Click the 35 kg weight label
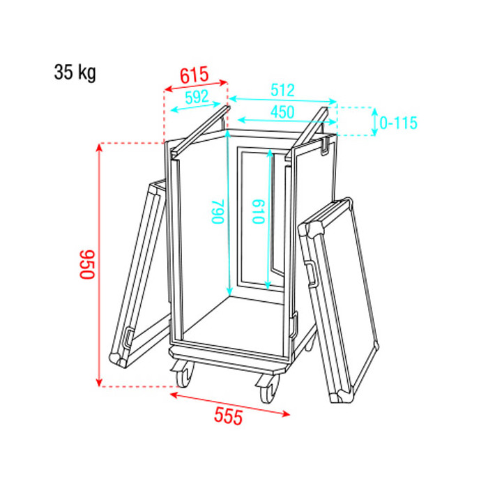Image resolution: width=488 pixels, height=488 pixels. point(75,73)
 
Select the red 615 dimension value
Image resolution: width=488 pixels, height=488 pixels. point(195,75)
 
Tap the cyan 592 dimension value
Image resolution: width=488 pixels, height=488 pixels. point(197,97)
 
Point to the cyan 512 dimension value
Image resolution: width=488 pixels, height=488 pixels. point(282,90)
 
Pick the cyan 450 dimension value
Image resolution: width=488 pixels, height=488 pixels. point(282,112)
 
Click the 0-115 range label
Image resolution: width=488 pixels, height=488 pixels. point(398,123)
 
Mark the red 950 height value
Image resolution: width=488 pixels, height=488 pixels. point(87,264)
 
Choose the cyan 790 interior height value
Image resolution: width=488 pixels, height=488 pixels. point(218,212)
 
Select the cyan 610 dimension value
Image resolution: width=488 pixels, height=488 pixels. point(259,212)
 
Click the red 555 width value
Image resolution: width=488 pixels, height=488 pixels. point(228,417)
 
